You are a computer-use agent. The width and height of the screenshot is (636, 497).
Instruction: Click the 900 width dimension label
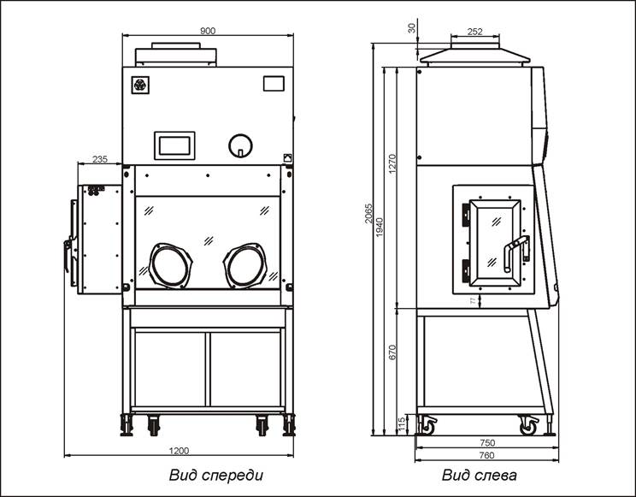tap(207, 31)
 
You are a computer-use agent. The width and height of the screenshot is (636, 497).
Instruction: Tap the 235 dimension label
tap(99, 159)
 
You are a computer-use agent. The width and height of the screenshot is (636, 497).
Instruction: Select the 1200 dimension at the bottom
tap(179, 451)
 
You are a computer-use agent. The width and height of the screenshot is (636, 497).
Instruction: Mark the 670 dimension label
tap(393, 352)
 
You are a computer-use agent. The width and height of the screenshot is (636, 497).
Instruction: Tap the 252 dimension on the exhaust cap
tap(475, 32)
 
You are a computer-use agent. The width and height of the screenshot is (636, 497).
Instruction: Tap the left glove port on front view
tap(171, 264)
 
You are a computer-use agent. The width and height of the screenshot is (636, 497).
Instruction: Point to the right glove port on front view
tap(247, 264)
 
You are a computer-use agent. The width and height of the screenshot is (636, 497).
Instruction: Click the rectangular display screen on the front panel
tap(174, 145)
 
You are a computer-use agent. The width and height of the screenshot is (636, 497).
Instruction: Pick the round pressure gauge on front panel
tap(240, 145)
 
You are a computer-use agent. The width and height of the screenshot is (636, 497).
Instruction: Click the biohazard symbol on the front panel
tap(139, 85)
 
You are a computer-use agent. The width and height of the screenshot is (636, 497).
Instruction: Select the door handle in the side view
tap(515, 254)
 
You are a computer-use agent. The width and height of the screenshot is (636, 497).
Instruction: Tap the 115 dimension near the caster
tap(400, 423)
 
